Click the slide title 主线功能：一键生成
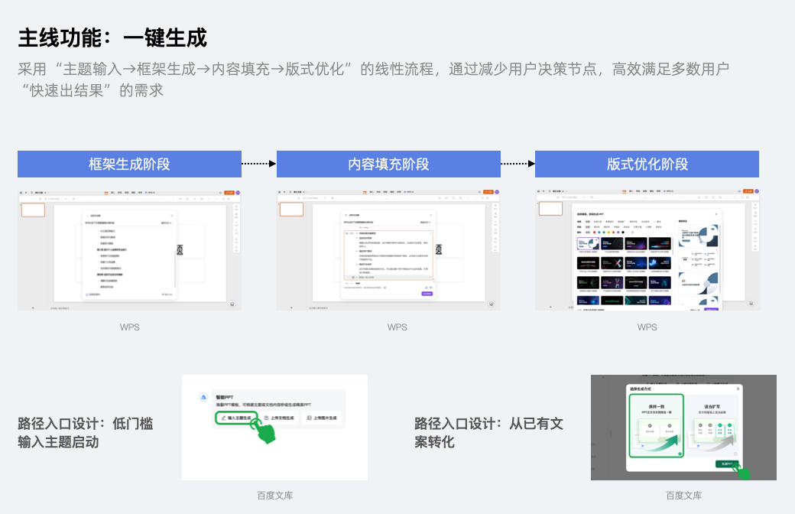tap(112, 37)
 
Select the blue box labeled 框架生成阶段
tap(129, 164)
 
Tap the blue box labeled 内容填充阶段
tap(388, 164)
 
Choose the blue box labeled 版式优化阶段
tap(647, 164)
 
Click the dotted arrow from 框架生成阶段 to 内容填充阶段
tap(258, 164)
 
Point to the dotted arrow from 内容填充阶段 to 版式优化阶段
tap(518, 164)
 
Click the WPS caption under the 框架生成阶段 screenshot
tap(129, 327)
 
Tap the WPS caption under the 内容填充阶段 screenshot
tap(397, 327)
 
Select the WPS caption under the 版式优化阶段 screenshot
tap(647, 327)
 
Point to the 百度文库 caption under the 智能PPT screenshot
tap(274, 496)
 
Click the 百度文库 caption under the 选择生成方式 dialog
tap(683, 496)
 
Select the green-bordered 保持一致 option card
tap(655, 426)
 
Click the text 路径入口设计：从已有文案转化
tap(489, 433)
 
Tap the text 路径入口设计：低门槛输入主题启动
tap(86, 433)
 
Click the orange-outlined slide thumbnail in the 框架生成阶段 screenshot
tap(33, 210)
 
